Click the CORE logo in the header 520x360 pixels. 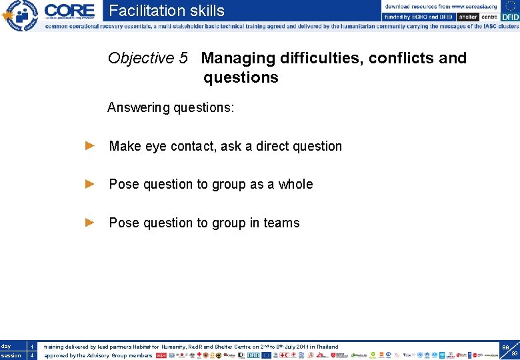point(69,11)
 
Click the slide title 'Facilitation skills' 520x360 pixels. point(167,11)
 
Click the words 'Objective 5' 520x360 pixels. point(147,59)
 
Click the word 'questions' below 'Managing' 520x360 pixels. point(241,78)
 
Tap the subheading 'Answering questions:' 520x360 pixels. point(171,107)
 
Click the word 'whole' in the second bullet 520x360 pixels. point(295,185)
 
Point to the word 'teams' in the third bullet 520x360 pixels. point(281,223)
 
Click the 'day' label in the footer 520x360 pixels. point(6,346)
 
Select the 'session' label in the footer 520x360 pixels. point(11,355)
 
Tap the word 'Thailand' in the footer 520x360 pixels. point(327,347)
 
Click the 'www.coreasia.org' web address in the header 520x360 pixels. point(475,6)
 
